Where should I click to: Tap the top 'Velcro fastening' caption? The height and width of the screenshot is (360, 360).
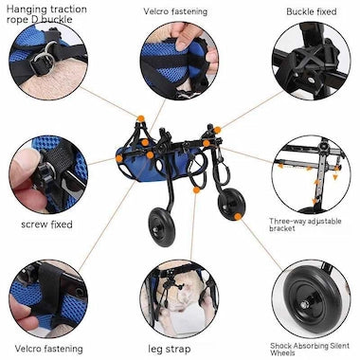click(175, 11)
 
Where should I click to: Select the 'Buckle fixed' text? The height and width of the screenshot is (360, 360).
click(312, 11)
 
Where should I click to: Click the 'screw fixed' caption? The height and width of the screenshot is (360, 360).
click(45, 225)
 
